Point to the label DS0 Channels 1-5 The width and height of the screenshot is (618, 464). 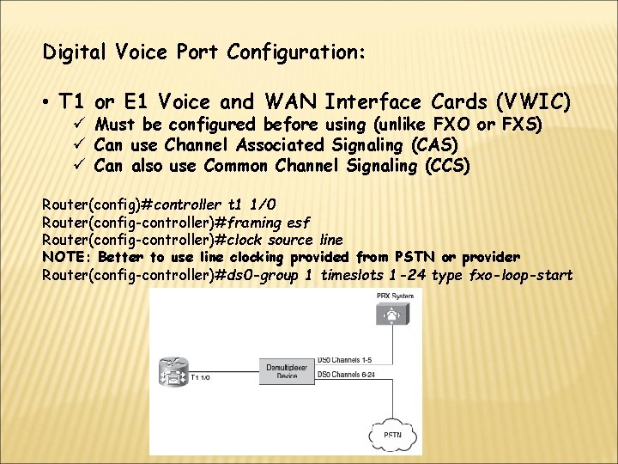344,359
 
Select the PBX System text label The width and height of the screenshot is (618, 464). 395,296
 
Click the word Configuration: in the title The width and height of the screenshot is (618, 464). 296,53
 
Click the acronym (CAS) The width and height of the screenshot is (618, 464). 433,145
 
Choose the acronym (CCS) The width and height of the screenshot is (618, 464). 447,165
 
